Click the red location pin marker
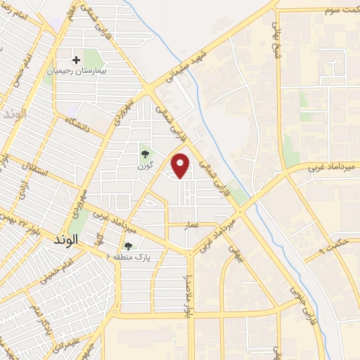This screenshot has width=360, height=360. coord(181,165)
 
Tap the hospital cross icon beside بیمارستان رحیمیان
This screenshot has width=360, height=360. coord(77,60)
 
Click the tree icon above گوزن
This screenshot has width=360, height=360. coord(145,153)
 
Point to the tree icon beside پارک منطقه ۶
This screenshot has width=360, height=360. coord(128,246)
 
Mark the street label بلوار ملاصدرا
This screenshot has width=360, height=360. coord(188,288)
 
